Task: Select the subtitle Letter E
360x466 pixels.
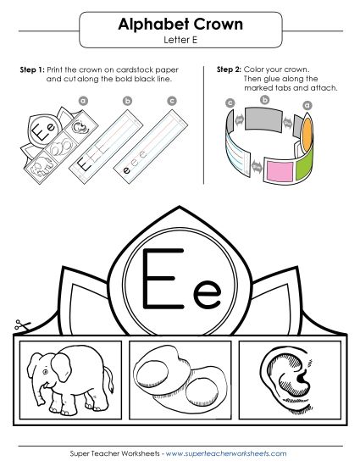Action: pos(180,40)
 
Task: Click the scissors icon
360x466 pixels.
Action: pos(19,325)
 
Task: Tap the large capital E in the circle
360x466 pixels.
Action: pos(158,279)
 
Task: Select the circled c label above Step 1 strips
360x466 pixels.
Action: pos(172,101)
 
